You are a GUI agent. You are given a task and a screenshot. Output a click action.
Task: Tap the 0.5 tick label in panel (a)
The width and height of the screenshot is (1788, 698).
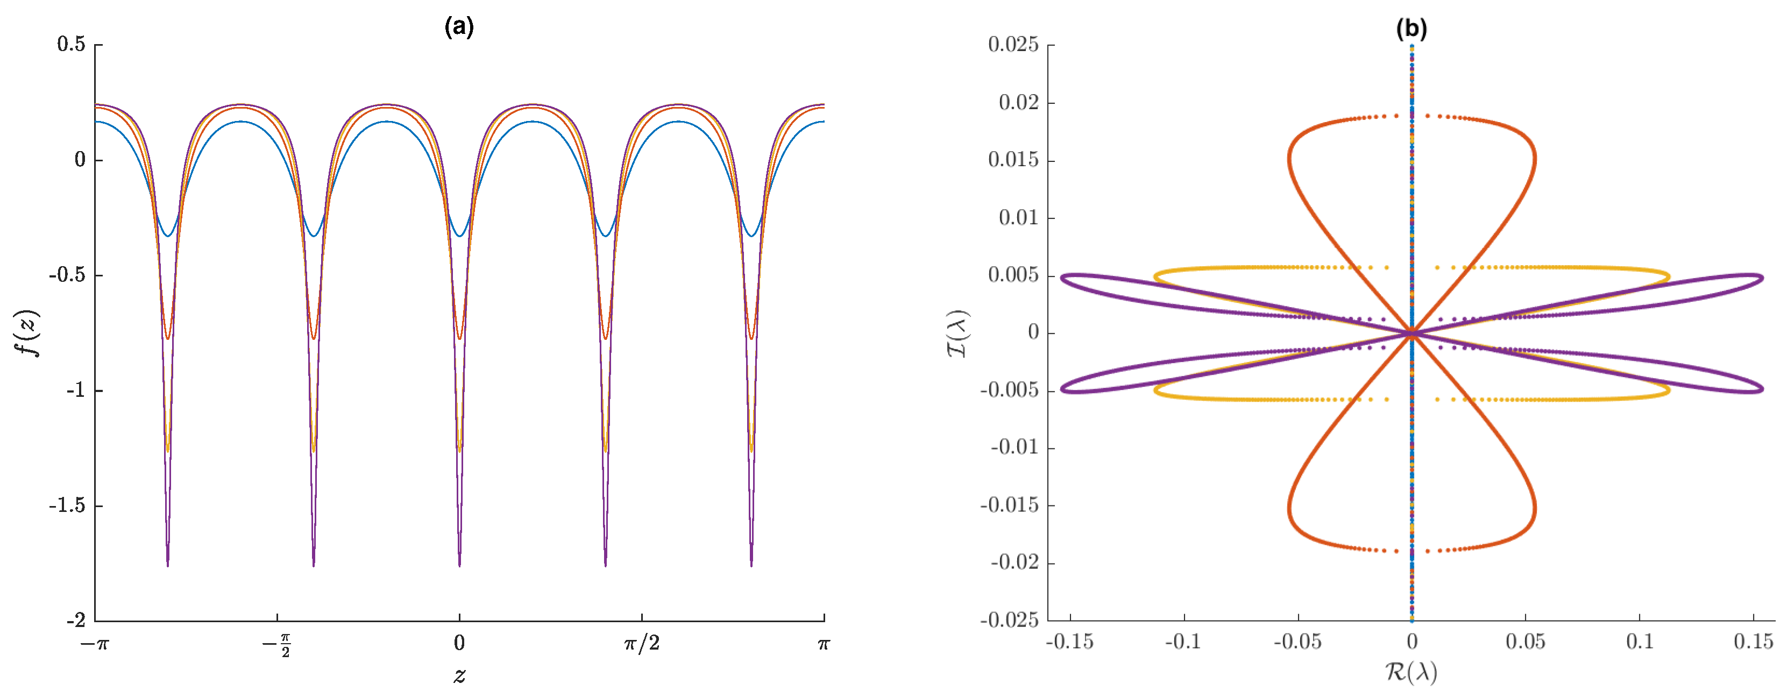72,45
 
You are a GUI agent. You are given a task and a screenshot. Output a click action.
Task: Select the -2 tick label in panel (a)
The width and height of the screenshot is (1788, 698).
76,620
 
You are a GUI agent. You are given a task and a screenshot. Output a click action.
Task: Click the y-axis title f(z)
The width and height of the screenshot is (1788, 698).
28,332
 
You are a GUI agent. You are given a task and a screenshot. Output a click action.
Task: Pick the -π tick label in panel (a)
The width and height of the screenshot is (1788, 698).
95,644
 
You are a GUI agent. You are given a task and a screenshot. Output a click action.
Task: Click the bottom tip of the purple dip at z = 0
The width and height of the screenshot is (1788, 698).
459,566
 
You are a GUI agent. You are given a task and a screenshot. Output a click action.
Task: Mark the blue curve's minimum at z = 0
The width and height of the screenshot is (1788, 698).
459,236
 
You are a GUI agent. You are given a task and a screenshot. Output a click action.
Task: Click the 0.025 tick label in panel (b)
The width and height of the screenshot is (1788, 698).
1013,45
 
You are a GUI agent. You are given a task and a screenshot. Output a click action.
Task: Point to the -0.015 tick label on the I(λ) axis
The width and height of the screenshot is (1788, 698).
1009,505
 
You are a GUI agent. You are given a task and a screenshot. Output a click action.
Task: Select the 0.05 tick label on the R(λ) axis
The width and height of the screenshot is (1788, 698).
1525,642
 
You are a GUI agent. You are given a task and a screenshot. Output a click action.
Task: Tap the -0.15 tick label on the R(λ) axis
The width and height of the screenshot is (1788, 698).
1069,642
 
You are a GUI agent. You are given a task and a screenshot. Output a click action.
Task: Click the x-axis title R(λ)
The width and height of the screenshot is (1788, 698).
1411,672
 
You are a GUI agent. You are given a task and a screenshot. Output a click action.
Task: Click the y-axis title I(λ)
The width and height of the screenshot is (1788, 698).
959,333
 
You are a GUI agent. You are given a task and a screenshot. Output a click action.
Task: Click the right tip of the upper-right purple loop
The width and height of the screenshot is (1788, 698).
1762,279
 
